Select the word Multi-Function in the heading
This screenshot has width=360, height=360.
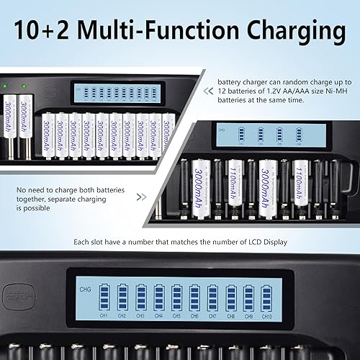[x=158, y=31]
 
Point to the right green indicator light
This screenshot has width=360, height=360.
[x=24, y=87]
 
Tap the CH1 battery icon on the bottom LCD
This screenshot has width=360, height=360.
[x=104, y=297]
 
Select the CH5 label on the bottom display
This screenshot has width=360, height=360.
[x=176, y=316]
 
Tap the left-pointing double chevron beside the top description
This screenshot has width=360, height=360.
[x=210, y=91]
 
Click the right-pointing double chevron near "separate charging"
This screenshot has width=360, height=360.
[x=142, y=196]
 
